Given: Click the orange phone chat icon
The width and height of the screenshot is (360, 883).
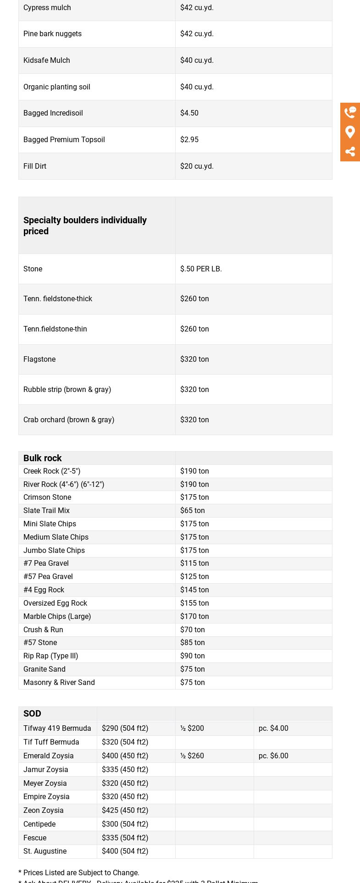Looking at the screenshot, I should tap(350, 112).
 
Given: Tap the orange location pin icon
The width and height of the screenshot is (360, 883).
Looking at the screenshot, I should tap(350, 132).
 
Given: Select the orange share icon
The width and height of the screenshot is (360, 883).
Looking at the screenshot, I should tap(350, 152).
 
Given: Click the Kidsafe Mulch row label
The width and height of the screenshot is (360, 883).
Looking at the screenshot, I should tap(47, 60).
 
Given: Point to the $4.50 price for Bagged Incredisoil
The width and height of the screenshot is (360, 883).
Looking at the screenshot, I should tap(189, 113).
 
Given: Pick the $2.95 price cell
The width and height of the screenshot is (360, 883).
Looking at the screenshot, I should tap(189, 139).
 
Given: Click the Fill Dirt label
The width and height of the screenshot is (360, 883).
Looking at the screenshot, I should tap(35, 166).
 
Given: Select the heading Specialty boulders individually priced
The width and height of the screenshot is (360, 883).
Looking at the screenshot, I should tap(85, 226).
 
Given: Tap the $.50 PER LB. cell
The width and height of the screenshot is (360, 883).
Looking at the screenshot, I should tap(201, 269).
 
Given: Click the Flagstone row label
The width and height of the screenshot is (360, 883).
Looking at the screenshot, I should tap(39, 359).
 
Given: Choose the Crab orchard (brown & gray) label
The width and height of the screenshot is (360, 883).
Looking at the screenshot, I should tap(69, 419).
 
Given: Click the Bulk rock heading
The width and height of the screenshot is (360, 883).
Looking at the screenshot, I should tap(43, 458).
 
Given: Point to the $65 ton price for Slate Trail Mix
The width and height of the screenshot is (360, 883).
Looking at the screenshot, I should tap(193, 510).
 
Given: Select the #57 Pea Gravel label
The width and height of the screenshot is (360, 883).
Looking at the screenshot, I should tap(48, 576).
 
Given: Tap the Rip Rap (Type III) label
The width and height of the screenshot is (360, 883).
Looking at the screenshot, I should tap(51, 656).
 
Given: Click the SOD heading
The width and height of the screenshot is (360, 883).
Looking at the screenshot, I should tap(32, 713).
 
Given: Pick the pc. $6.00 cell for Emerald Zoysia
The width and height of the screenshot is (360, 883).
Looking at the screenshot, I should tap(273, 756).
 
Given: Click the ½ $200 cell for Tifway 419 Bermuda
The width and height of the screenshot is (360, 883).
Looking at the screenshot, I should tap(192, 728).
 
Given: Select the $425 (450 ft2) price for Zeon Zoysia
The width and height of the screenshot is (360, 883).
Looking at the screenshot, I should tap(125, 810).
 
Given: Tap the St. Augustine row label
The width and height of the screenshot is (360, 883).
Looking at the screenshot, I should tap(45, 851).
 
